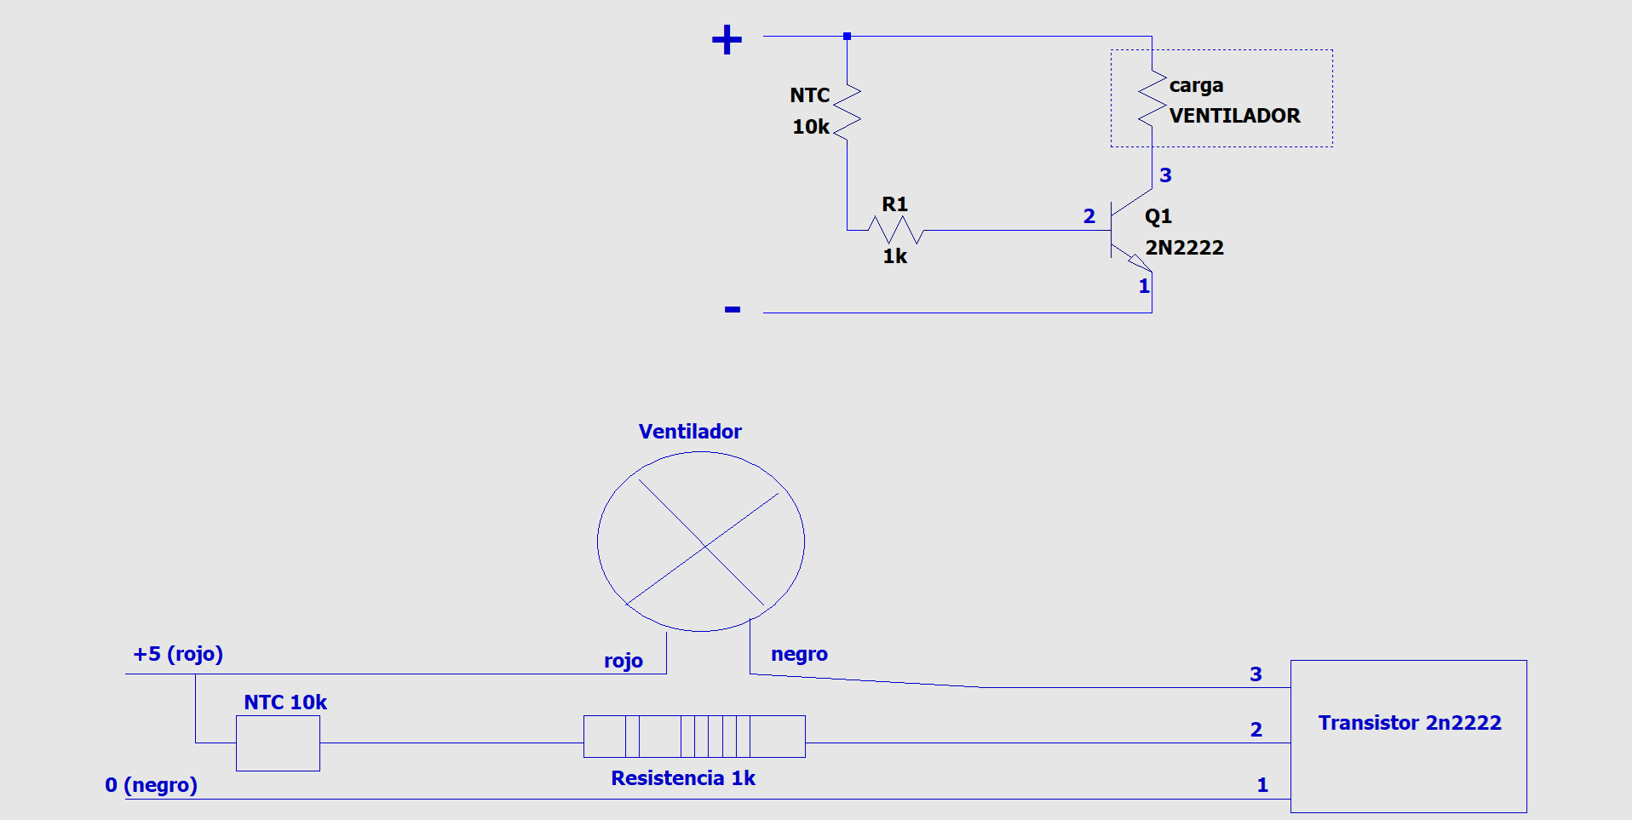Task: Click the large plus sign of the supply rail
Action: pos(727,40)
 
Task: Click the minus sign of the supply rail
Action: pos(733,309)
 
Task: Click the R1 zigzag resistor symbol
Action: pos(895,230)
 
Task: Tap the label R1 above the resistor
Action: pos(894,204)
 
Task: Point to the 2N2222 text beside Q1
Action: pos(1184,248)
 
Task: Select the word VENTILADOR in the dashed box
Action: pos(1234,116)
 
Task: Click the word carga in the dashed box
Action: pos(1196,85)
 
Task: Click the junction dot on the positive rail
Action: pos(847,37)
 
